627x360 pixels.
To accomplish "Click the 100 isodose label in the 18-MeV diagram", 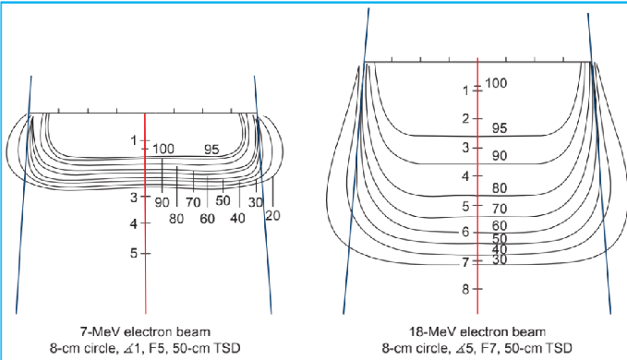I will [x=496, y=84].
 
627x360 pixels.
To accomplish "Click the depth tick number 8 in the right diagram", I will [x=465, y=289].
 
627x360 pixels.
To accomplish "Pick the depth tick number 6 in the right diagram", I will [x=465, y=232].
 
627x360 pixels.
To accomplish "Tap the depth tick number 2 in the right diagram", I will [x=465, y=119].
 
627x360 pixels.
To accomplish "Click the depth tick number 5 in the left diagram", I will [x=134, y=252].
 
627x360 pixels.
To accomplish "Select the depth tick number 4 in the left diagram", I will [x=134, y=224].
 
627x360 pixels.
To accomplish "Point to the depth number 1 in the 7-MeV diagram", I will [x=134, y=140].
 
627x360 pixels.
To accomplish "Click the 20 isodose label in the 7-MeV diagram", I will [x=272, y=214].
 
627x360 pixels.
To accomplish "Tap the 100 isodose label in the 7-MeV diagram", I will [x=163, y=150].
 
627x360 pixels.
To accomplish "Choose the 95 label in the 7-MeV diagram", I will [x=211, y=150].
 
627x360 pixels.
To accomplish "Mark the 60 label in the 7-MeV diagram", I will [x=207, y=219].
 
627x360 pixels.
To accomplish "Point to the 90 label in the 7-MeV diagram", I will [x=162, y=202].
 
